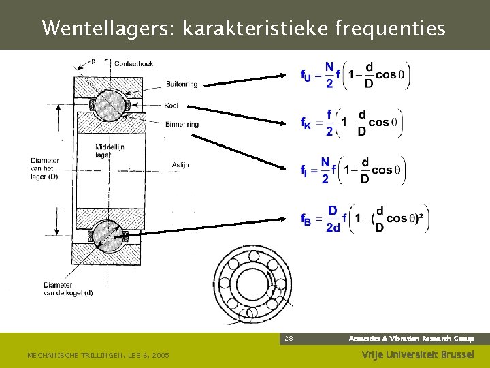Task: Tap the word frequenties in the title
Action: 391,29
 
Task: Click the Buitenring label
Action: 181,85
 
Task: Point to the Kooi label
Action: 171,105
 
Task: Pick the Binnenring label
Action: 182,125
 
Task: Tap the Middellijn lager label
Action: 110,151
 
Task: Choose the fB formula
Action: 364,219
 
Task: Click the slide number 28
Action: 289,338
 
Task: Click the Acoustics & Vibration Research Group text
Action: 411,338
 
